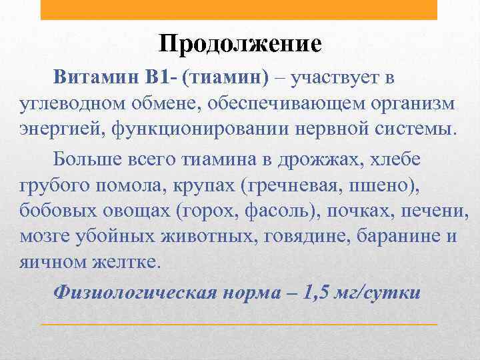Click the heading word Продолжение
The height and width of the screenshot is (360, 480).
[240, 44]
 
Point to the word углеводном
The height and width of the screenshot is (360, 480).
[68, 103]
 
